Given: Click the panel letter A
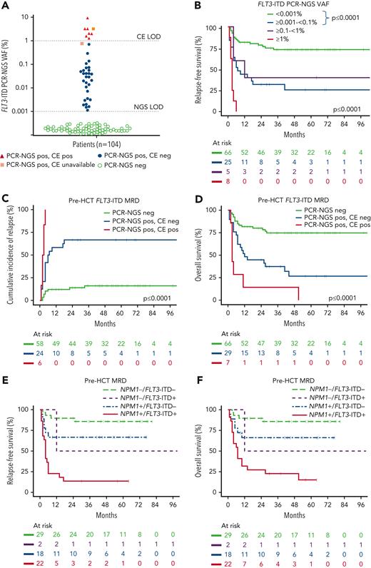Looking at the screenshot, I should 6,6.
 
